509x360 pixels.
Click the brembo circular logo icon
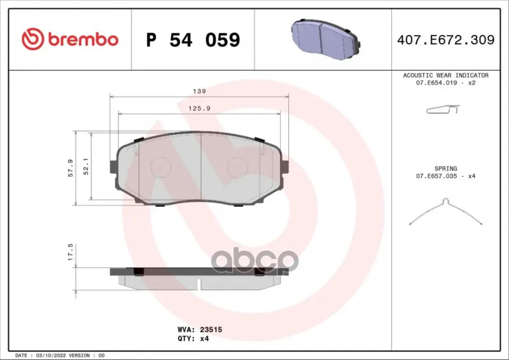[33, 39]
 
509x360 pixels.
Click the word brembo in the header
[83, 39]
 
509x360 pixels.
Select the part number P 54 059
[193, 39]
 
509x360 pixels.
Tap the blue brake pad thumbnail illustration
[326, 39]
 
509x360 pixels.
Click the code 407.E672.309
[446, 40]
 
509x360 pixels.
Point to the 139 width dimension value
[199, 91]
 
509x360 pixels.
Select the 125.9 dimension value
[199, 108]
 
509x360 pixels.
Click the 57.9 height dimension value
[71, 168]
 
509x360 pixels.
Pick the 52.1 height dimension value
[86, 167]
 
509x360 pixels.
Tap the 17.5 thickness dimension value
[71, 253]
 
